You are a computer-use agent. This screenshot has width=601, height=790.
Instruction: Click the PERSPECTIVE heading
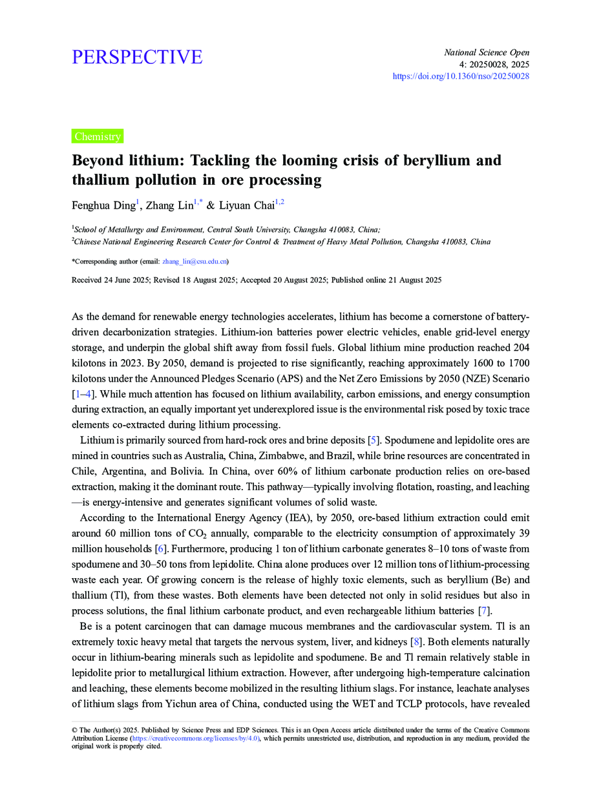coord(137,57)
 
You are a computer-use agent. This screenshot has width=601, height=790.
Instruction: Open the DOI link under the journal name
coord(461,76)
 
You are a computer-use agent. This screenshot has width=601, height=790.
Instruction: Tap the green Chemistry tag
coord(97,136)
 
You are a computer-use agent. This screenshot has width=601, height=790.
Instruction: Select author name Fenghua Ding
coord(103,205)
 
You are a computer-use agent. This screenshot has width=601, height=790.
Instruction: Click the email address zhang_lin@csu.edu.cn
coord(194,262)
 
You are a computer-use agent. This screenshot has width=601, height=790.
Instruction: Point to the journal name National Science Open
coord(487,52)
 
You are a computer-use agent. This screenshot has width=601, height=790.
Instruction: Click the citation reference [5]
coord(373,441)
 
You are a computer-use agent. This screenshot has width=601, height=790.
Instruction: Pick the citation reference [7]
coord(482,611)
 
